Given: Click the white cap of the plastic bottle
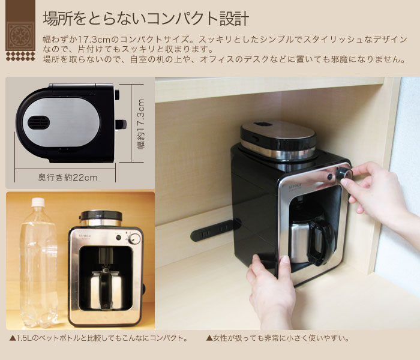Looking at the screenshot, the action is point(38,202).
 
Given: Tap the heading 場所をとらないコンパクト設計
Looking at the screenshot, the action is point(146,18).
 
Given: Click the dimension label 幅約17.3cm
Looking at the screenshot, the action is point(141,124).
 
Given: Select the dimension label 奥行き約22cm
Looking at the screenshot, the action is point(68,178).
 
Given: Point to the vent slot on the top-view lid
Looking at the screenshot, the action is point(39,122).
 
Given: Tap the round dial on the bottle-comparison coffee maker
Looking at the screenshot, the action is point(134,239).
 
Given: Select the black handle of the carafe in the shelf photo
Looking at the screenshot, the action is point(319,244).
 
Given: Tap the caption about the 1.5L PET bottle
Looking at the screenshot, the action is point(99,338).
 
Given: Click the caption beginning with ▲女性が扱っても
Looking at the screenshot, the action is point(278,338).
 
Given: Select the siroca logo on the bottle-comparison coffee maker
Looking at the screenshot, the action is point(85,236).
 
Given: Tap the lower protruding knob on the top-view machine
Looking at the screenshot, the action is point(121,125).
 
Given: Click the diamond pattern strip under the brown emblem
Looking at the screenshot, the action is point(20,56).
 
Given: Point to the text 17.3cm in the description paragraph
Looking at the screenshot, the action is point(94,40).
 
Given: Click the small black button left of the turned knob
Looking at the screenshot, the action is point(330,177).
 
